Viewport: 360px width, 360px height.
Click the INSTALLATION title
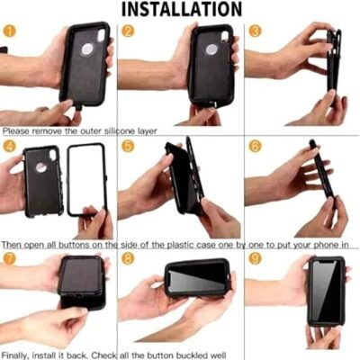(182, 9)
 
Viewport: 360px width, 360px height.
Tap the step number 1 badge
(9, 31)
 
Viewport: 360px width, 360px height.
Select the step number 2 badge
(128, 31)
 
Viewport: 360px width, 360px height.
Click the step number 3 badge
(255, 31)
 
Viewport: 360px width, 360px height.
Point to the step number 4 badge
(9, 146)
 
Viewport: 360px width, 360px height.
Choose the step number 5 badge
(128, 146)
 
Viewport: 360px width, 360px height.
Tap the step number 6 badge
(255, 146)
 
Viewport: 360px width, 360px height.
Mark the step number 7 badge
(9, 258)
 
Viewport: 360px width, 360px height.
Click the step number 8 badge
(128, 258)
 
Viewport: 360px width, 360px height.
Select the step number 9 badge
(255, 258)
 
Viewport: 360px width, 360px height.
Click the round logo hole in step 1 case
(87, 49)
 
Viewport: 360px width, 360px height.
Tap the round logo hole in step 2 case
(211, 50)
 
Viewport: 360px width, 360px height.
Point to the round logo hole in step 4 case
(41, 167)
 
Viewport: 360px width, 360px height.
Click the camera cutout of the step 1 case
(101, 35)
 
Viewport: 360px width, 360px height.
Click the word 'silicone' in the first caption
(120, 131)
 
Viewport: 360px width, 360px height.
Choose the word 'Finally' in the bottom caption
(14, 355)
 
